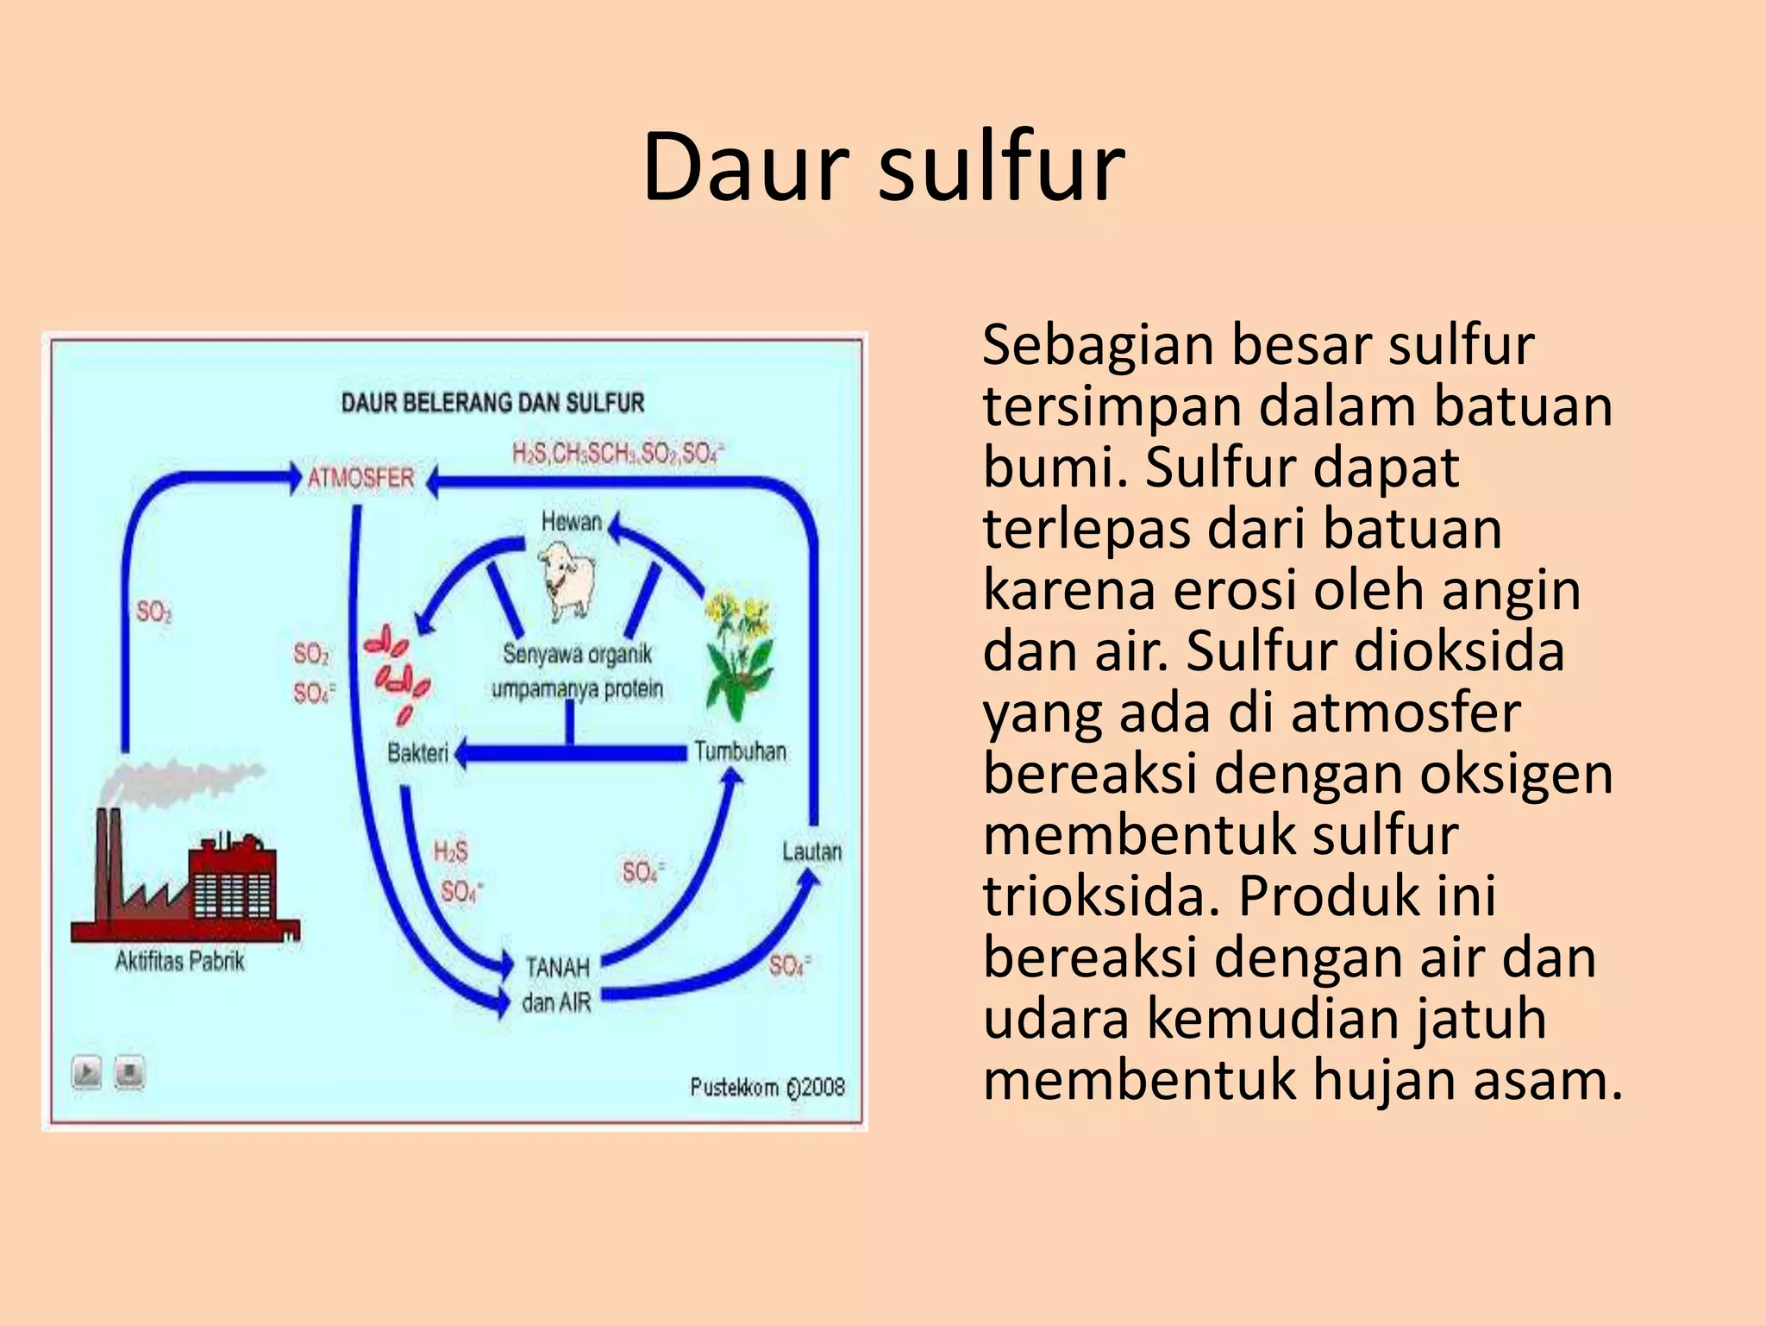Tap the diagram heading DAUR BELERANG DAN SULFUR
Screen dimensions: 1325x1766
492,403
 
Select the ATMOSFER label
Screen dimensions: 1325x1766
360,478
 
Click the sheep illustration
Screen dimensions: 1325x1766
567,579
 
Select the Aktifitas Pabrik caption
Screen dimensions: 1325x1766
179,961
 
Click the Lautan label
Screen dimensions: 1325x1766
811,852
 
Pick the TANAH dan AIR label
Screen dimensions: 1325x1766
557,985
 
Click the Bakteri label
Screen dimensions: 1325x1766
417,753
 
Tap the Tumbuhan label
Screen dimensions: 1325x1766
740,751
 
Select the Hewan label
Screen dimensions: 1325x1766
571,522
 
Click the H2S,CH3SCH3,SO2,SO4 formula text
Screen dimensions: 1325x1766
617,453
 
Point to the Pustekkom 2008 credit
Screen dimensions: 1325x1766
767,1087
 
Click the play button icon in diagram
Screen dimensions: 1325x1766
86,1072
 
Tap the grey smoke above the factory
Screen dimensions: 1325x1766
177,781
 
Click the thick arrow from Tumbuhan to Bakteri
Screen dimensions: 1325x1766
573,753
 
